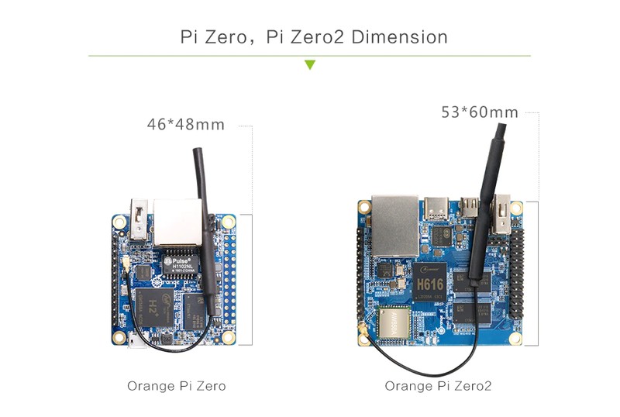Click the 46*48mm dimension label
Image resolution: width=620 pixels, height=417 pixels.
pos(186,124)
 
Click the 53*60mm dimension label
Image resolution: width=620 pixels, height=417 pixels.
pos(480,112)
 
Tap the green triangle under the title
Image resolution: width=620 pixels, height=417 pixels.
pos(310,65)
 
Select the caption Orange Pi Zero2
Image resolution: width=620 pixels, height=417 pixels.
pos(438,385)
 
